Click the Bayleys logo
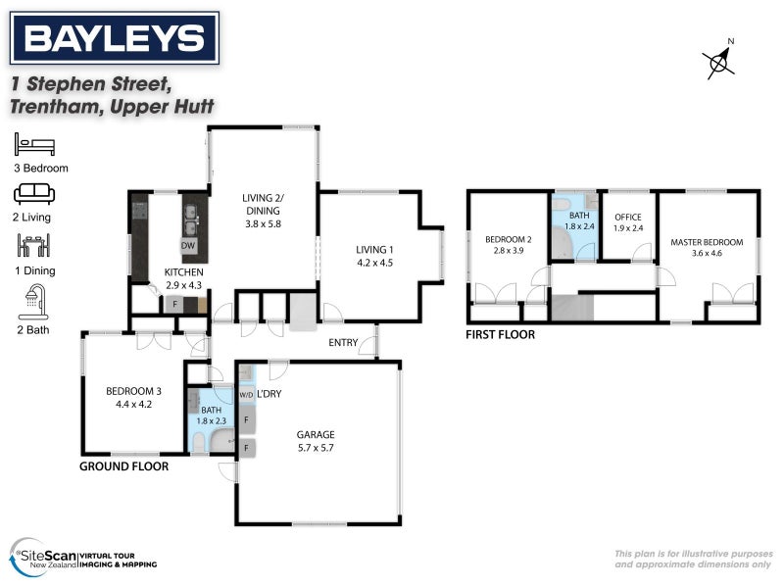[x=114, y=38]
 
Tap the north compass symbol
[x=721, y=60]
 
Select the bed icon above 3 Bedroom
[x=35, y=146]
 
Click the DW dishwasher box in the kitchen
[x=187, y=245]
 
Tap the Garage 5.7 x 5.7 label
[x=316, y=440]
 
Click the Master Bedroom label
[x=707, y=248]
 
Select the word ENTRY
[x=343, y=342]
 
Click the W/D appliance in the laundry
[x=245, y=395]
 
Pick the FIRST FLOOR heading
[x=501, y=335]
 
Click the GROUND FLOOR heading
[x=123, y=467]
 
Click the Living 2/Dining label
[x=262, y=210]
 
